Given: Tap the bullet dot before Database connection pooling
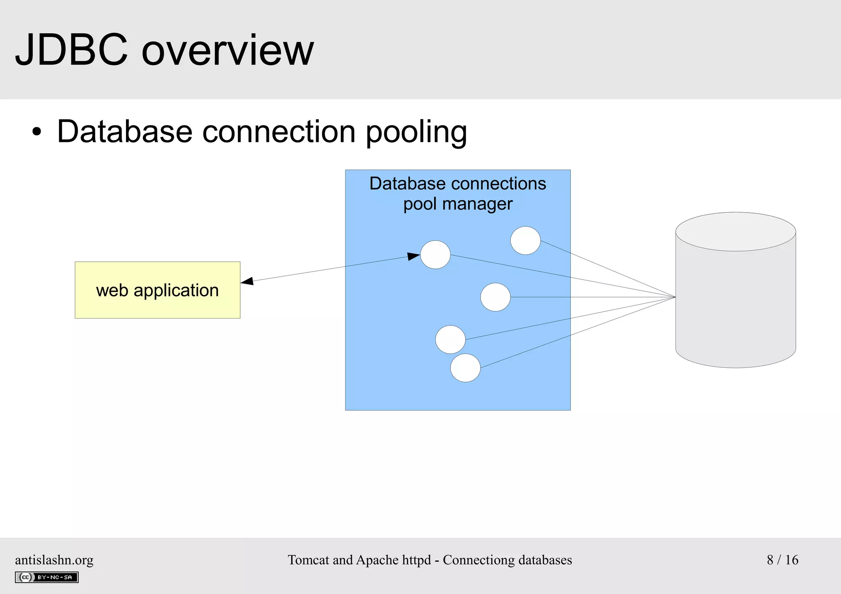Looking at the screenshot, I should (37, 132).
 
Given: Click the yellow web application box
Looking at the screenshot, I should (157, 290).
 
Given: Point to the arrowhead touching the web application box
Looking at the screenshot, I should (247, 281).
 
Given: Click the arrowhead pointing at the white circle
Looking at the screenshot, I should (414, 256).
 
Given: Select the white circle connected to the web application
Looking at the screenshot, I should (435, 255).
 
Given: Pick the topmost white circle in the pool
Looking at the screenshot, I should (525, 241).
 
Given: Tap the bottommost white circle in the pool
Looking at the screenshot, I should (465, 368).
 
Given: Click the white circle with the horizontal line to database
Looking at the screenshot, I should (495, 297).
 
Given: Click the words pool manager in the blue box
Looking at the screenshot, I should (457, 204).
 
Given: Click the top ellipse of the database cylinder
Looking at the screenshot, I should (735, 232).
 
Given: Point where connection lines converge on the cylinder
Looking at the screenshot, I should (675, 297).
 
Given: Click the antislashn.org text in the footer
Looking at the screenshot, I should (54, 560).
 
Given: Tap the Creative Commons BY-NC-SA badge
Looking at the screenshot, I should (47, 577).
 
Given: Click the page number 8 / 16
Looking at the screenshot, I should (782, 560).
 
